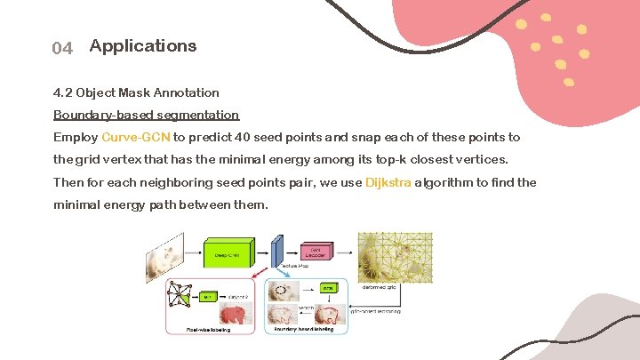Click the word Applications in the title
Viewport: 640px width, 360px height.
click(x=143, y=45)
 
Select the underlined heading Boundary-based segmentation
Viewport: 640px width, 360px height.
click(x=146, y=115)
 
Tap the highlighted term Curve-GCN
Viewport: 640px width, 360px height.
click(x=136, y=138)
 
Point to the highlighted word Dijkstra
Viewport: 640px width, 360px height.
click(x=388, y=182)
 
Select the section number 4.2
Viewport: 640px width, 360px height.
click(x=62, y=92)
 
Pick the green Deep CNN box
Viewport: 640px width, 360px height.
click(x=228, y=252)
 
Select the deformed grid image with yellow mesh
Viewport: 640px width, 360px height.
click(x=394, y=257)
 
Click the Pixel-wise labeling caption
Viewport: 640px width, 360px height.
click(x=208, y=330)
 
